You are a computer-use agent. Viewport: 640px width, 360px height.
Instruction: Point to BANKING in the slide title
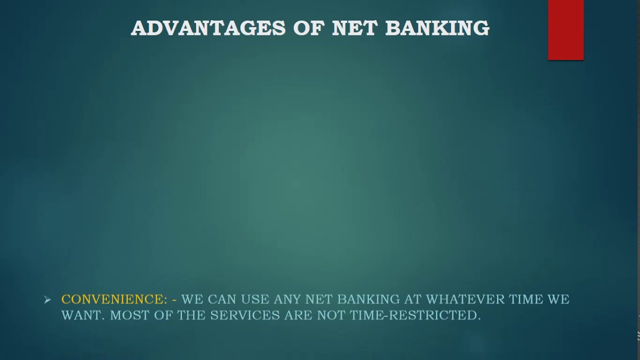[437, 28]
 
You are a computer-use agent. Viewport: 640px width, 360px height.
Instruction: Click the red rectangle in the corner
[565, 30]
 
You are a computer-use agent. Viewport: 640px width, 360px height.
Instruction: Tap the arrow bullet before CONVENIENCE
[47, 300]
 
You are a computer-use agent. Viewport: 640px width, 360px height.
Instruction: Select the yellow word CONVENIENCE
[114, 299]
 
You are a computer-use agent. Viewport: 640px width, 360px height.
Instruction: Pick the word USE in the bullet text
[255, 299]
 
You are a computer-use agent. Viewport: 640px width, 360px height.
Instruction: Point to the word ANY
[287, 299]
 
